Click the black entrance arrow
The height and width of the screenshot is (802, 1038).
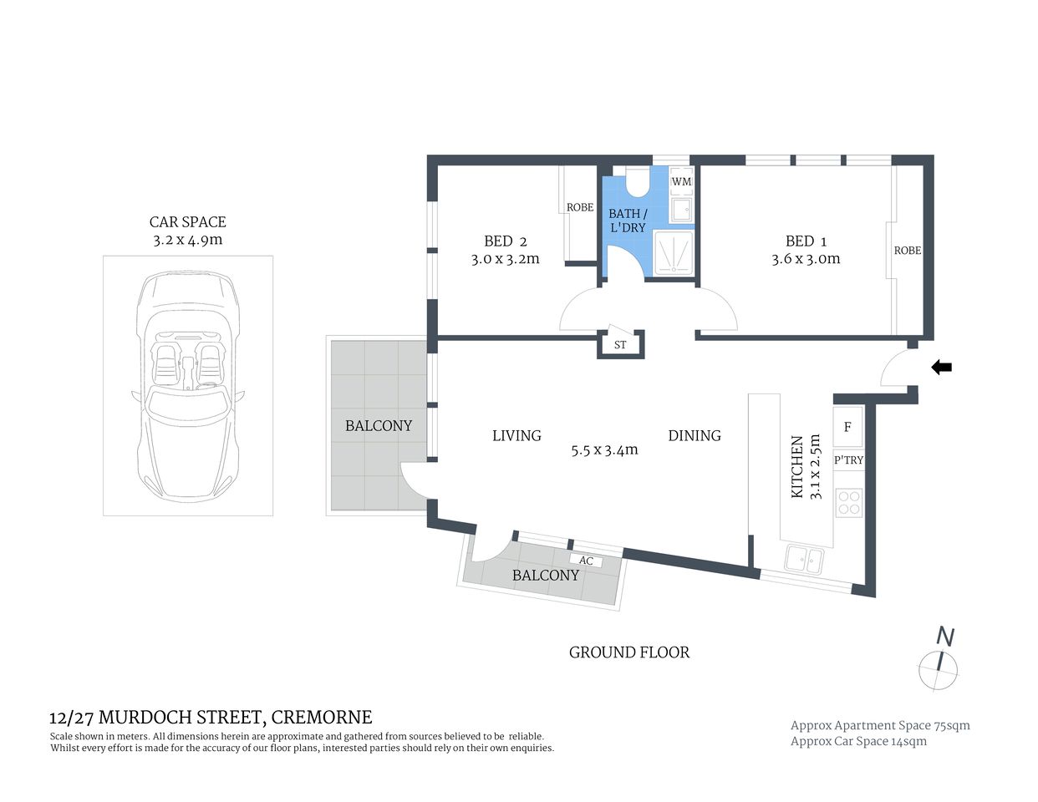[942, 367]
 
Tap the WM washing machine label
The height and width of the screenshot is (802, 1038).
[682, 181]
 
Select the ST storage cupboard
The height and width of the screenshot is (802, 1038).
[620, 344]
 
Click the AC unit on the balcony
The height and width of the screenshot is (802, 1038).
[586, 561]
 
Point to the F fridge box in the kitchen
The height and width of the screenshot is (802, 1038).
[847, 428]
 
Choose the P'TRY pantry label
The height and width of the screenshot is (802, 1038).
[848, 460]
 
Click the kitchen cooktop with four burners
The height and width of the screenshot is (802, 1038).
[849, 502]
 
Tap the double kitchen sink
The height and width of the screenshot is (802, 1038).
[804, 560]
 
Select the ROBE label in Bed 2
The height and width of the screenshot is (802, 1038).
[579, 207]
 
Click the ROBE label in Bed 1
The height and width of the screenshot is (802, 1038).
[907, 250]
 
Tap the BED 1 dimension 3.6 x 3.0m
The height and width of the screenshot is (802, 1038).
[806, 259]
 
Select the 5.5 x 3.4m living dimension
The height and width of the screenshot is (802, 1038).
[604, 449]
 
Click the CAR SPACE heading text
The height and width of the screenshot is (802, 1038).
[187, 222]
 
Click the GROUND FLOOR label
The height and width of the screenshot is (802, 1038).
[628, 652]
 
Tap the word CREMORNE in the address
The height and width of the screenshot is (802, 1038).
[322, 717]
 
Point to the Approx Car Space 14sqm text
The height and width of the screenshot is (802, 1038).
[858, 741]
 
